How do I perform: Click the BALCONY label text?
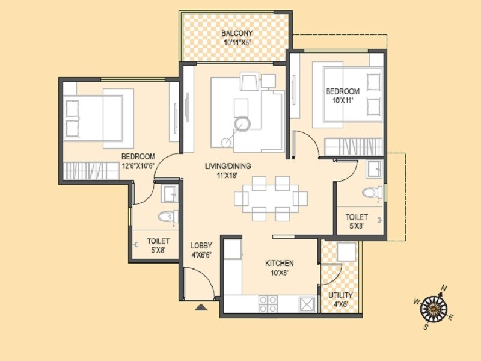[x=236, y=33]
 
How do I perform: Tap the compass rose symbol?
[x=434, y=307]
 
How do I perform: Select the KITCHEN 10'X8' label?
[x=279, y=268]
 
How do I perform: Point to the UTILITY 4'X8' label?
[x=340, y=300]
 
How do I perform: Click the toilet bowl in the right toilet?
[x=372, y=193]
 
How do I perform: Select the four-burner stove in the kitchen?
[x=268, y=303]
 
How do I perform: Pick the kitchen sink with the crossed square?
[x=307, y=303]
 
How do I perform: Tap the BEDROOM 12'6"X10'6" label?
[x=138, y=161]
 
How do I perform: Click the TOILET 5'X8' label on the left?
[x=158, y=245]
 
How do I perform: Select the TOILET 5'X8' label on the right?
[x=357, y=221]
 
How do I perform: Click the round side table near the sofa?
[x=242, y=123]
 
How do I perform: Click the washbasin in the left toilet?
[x=169, y=194]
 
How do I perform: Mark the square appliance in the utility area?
[x=347, y=251]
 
